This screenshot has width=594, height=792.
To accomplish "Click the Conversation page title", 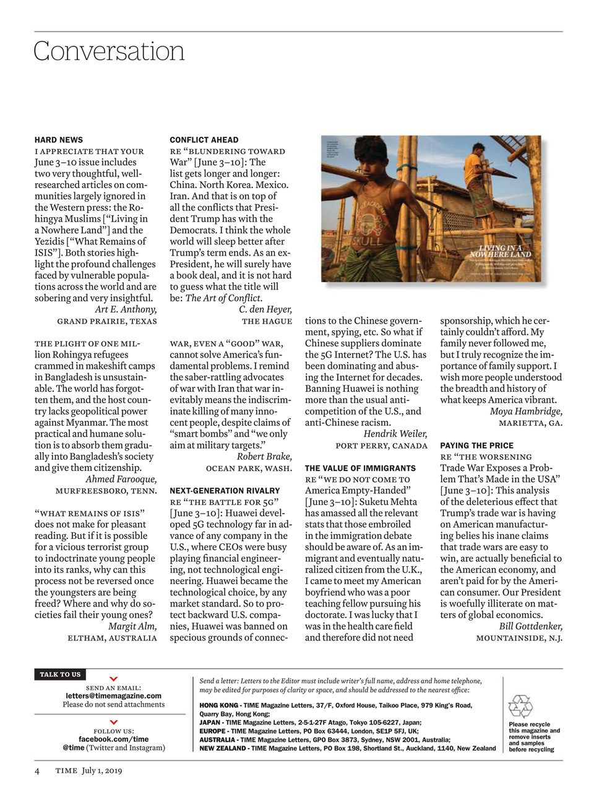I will pyautogui.click(x=109, y=51).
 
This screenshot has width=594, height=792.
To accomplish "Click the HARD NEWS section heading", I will pyautogui.click(x=59, y=140).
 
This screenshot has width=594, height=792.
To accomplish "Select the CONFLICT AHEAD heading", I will pyautogui.click(x=204, y=140).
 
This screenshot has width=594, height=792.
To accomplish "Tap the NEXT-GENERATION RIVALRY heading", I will pyautogui.click(x=225, y=491).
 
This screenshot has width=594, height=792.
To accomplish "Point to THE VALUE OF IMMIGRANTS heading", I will pyautogui.click(x=360, y=468).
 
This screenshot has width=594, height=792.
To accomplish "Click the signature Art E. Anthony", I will pyautogui.click(x=126, y=309).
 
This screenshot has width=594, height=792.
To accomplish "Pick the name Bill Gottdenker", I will pyautogui.click(x=530, y=626).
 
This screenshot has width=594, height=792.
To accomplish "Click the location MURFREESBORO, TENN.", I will pyautogui.click(x=106, y=491).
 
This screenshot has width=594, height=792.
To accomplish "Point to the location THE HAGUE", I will pyautogui.click(x=267, y=321).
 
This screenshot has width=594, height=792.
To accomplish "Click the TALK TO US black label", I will pyautogui.click(x=60, y=674).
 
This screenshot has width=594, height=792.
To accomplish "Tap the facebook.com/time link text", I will pyautogui.click(x=113, y=739).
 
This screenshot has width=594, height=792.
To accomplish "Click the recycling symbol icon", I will pyautogui.click(x=520, y=706).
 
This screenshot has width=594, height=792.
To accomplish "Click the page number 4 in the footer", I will pyautogui.click(x=37, y=770).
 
